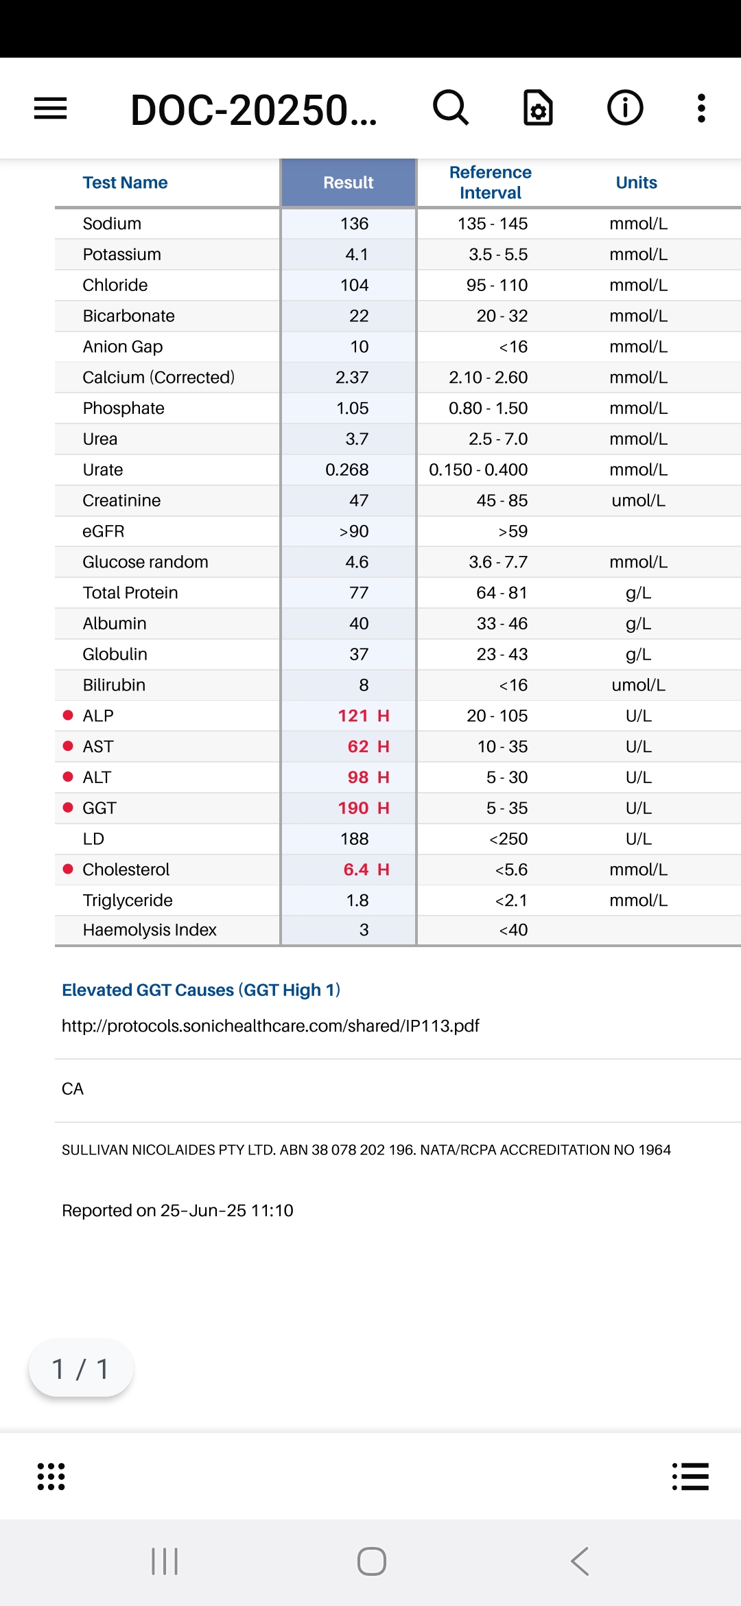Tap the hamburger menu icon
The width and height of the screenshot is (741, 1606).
(51, 108)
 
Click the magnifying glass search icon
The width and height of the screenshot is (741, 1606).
(451, 108)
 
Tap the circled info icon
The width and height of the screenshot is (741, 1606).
(625, 108)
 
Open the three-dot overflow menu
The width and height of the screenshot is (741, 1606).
(701, 108)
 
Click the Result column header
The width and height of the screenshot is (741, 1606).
(349, 183)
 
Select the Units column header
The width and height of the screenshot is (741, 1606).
(636, 183)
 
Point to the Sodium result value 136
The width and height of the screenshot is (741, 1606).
(354, 224)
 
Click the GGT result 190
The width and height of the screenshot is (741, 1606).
(354, 808)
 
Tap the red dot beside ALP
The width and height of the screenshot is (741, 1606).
(68, 715)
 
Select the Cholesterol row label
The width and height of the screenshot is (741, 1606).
(126, 870)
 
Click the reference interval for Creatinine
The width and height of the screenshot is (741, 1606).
(502, 500)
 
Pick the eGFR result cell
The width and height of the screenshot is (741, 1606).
(354, 531)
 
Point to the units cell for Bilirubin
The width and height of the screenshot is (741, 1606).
(638, 685)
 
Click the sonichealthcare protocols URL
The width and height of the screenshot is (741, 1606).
(270, 1025)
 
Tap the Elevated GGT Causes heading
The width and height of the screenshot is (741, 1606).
(201, 990)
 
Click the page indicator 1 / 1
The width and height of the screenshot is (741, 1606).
(81, 1369)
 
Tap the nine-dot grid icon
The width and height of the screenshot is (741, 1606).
(51, 1476)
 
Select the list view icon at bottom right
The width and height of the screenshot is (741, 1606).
(690, 1476)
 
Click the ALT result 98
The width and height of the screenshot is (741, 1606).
(358, 777)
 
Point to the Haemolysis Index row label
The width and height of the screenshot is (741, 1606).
(150, 930)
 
